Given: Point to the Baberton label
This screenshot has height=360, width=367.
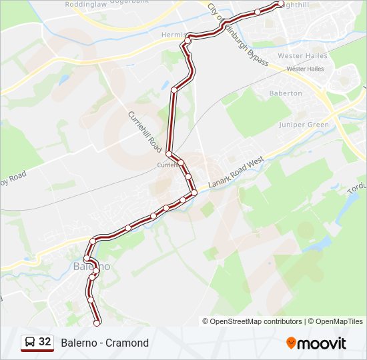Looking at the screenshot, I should tap(286, 94).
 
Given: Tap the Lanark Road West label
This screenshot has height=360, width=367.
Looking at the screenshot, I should tap(236, 171).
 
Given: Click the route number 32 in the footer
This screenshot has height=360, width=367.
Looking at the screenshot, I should tap(45, 342).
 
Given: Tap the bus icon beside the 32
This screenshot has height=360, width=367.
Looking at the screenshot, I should tap(30, 343).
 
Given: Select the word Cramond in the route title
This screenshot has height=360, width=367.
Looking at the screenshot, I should tap(127, 343).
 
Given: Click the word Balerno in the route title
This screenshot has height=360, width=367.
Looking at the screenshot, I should tap(78, 343).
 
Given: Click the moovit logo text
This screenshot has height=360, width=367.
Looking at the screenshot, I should tap(322, 343).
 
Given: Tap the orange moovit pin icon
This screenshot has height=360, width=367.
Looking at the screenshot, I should tap(291, 343).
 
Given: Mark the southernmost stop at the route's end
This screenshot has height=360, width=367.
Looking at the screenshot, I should tap(97, 323).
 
